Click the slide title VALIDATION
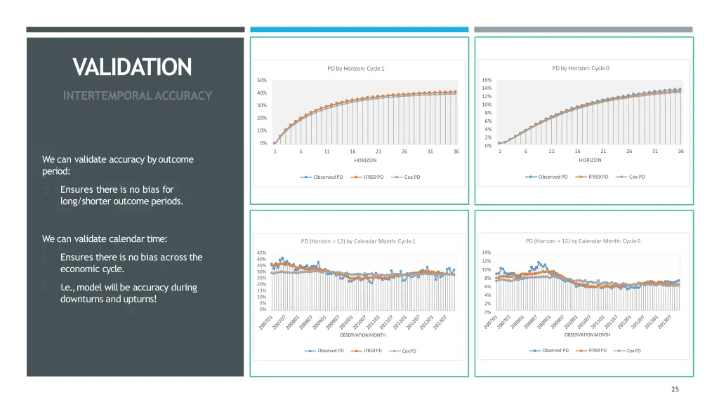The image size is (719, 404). pos(132,67)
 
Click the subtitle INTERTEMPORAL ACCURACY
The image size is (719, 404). pos(137,95)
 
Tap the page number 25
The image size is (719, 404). pos(675,389)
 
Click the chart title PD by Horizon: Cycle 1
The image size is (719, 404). pos(356,69)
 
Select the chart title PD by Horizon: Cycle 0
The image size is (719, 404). pos(580,68)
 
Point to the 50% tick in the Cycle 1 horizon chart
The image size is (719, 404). pos(262,81)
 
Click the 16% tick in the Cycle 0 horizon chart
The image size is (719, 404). pos(487,80)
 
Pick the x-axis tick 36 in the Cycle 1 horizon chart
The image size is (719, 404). pos(456,151)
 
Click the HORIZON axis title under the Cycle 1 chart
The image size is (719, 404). pos(365,161)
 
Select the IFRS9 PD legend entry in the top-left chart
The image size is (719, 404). pos(374,177)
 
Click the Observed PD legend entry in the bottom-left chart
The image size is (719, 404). pos(331,351)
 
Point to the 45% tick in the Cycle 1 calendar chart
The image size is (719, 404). pos(261,252)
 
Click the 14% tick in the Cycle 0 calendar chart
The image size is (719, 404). pos(486,252)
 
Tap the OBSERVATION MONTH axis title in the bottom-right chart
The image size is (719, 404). pos(587,335)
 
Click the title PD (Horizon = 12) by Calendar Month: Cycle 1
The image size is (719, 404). pos(358,242)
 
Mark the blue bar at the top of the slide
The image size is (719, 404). pos(359,29)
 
